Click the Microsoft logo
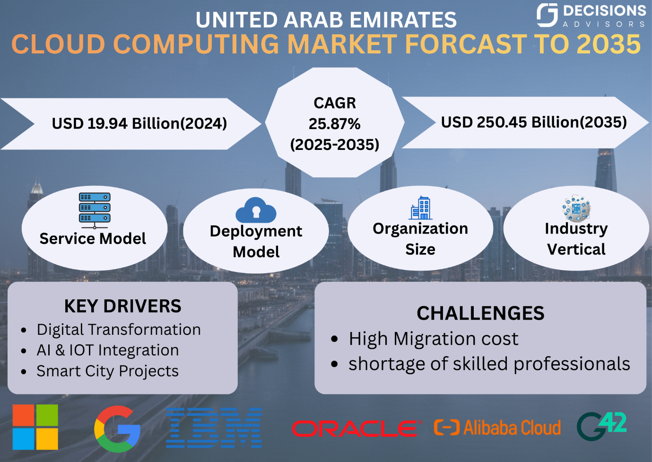[x=35, y=427]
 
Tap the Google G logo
[x=117, y=429]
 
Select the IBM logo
[x=214, y=428]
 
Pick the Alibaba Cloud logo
[x=497, y=428]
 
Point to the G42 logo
[x=601, y=426]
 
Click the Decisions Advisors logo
[x=591, y=15]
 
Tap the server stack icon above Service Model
[x=95, y=209]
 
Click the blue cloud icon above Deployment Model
[x=256, y=210]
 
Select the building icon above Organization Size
[x=421, y=208]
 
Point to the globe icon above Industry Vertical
[x=576, y=208]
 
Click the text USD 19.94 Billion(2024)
[x=139, y=123]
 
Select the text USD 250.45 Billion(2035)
[x=534, y=122]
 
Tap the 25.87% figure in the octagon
[x=334, y=124]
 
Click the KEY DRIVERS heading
[x=122, y=306]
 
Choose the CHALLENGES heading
[x=480, y=313]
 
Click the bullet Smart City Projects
[x=107, y=371]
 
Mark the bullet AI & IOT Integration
[x=107, y=350]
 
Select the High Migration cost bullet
[x=433, y=339]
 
